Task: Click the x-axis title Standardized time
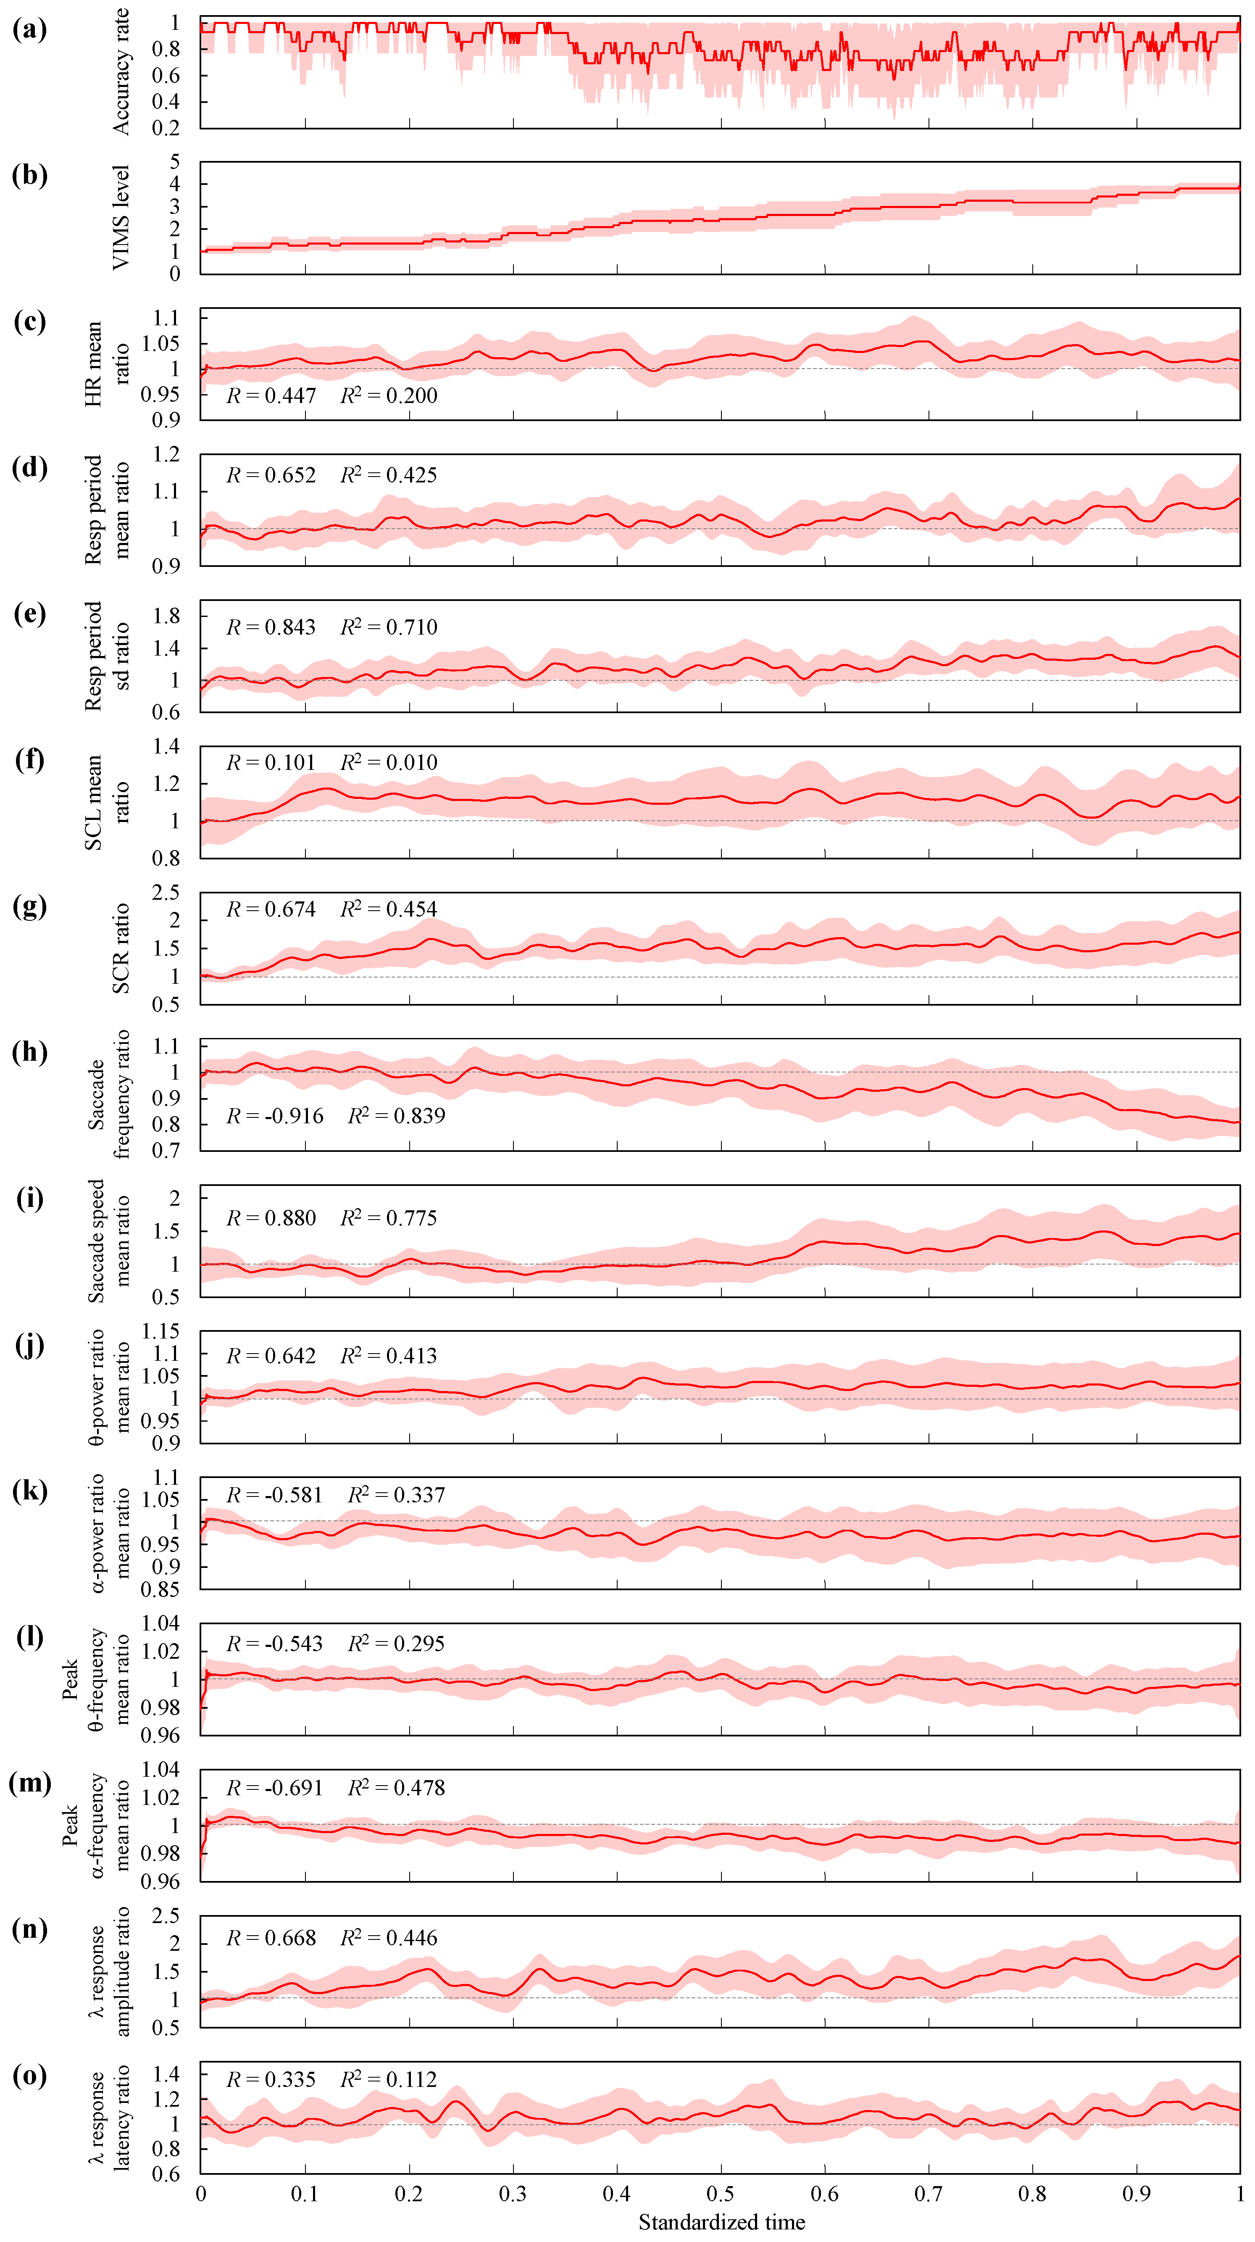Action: (721, 2222)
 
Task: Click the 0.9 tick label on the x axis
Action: (1137, 2194)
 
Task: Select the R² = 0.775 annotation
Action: (389, 1217)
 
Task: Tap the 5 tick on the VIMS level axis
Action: (175, 162)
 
